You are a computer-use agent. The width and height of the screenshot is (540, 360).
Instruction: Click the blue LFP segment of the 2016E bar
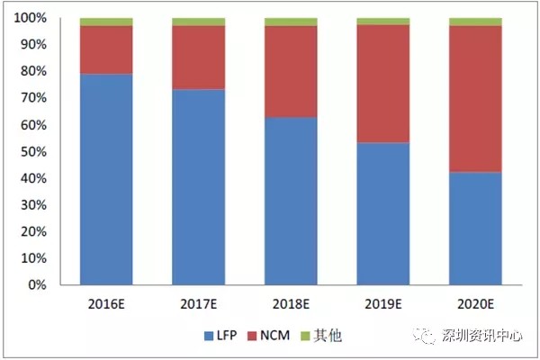tap(106, 180)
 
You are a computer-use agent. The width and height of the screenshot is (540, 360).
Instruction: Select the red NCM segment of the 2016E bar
tap(106, 49)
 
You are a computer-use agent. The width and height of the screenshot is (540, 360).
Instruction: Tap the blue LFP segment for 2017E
tap(199, 187)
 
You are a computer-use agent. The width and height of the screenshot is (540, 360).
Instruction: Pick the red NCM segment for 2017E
tap(199, 57)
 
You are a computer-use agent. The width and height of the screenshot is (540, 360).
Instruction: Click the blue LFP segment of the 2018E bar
tap(291, 202)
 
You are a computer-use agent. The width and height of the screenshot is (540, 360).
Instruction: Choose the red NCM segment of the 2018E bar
tap(291, 71)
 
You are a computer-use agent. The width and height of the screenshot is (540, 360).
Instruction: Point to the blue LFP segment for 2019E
tap(383, 214)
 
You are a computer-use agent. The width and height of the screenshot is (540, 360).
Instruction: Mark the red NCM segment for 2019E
tap(383, 84)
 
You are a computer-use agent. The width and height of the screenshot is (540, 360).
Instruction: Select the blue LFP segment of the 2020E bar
tap(475, 229)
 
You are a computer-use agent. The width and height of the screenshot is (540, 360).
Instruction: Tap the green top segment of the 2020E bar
tap(475, 22)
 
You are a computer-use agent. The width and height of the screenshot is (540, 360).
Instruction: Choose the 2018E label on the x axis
tap(291, 302)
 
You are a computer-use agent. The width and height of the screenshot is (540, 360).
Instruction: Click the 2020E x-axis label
tap(475, 302)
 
